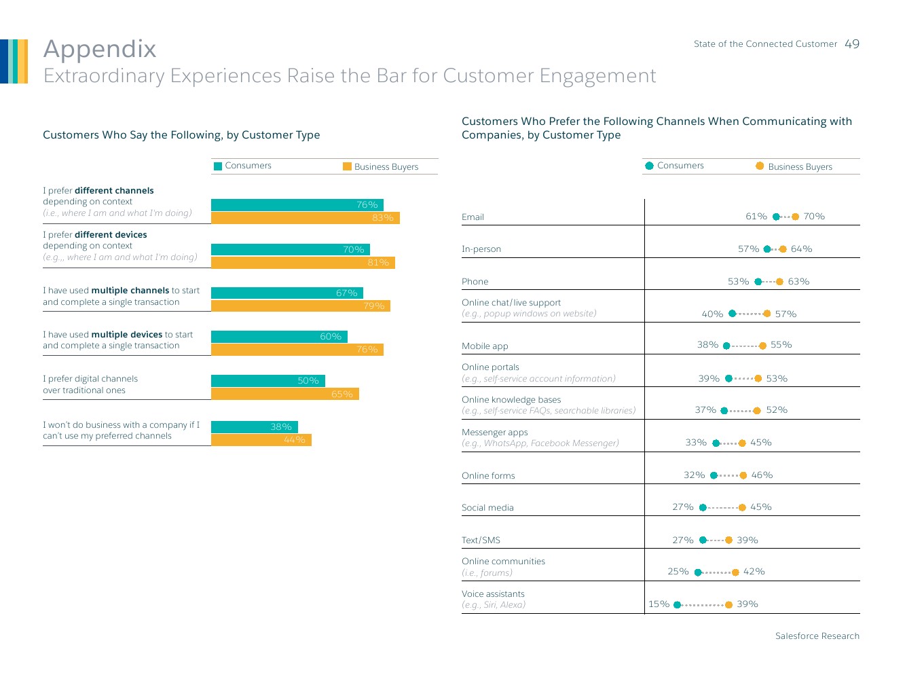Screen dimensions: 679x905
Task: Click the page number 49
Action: tap(852, 44)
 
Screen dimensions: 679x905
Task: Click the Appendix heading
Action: tap(100, 49)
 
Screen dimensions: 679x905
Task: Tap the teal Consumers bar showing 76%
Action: tap(297, 205)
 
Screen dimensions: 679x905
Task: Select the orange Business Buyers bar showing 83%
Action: tap(305, 218)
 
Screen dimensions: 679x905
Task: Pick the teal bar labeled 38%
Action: tap(254, 427)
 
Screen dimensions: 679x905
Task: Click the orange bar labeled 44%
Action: tap(261, 440)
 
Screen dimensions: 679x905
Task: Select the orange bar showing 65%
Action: tap(284, 394)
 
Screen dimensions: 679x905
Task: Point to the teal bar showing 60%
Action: tap(279, 337)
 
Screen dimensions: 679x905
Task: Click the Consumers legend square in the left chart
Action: tap(218, 166)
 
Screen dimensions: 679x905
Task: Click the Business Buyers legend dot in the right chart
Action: tap(760, 166)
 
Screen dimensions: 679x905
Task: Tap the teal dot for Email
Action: tap(776, 217)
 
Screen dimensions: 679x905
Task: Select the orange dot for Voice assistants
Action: tap(728, 604)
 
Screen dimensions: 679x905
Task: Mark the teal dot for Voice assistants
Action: tap(677, 604)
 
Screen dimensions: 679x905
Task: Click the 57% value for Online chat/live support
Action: tap(786, 314)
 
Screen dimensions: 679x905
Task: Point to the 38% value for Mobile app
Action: tap(707, 345)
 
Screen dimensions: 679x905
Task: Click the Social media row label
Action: tap(487, 508)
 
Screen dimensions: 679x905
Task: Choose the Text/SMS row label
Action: tap(481, 540)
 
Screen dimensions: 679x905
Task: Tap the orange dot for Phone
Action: tap(779, 282)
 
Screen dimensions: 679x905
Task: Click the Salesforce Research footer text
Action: tap(817, 636)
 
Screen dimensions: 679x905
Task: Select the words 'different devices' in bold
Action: tap(111, 235)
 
